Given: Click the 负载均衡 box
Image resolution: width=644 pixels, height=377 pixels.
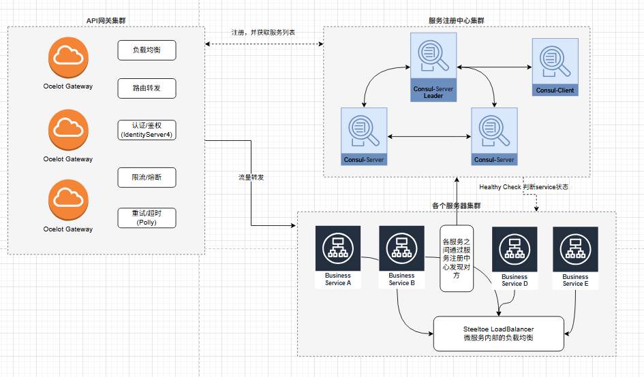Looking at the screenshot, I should (147, 50).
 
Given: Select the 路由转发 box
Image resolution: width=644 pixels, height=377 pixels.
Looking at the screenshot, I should (147, 88).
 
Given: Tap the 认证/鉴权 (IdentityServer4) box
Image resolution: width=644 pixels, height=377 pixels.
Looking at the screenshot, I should (147, 129).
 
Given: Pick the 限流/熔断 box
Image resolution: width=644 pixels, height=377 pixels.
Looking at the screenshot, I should (147, 178).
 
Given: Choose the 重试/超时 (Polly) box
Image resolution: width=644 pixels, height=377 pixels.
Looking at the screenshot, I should (147, 217).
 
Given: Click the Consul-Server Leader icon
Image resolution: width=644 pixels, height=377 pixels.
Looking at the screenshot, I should (433, 59).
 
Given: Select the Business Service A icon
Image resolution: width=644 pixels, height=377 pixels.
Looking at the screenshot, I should (338, 249).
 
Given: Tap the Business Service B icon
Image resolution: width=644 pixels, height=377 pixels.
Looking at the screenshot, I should (401, 249).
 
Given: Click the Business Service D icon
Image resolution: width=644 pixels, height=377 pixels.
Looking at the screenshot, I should (515, 249).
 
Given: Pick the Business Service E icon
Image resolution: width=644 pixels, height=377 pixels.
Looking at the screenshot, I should (575, 249).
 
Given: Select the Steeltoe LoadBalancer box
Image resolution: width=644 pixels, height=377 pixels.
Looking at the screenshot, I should (499, 333).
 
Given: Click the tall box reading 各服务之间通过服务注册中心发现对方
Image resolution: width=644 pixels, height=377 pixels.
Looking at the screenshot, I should (457, 259).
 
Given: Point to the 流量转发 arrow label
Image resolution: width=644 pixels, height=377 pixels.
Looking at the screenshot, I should (251, 177).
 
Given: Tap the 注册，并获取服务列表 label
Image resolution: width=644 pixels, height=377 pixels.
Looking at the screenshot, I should (263, 33).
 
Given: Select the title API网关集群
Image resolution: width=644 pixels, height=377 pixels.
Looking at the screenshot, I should (106, 20).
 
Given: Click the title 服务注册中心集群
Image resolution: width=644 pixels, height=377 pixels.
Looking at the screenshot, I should (456, 21).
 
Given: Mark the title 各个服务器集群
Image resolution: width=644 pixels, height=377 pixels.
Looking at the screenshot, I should (456, 205).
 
